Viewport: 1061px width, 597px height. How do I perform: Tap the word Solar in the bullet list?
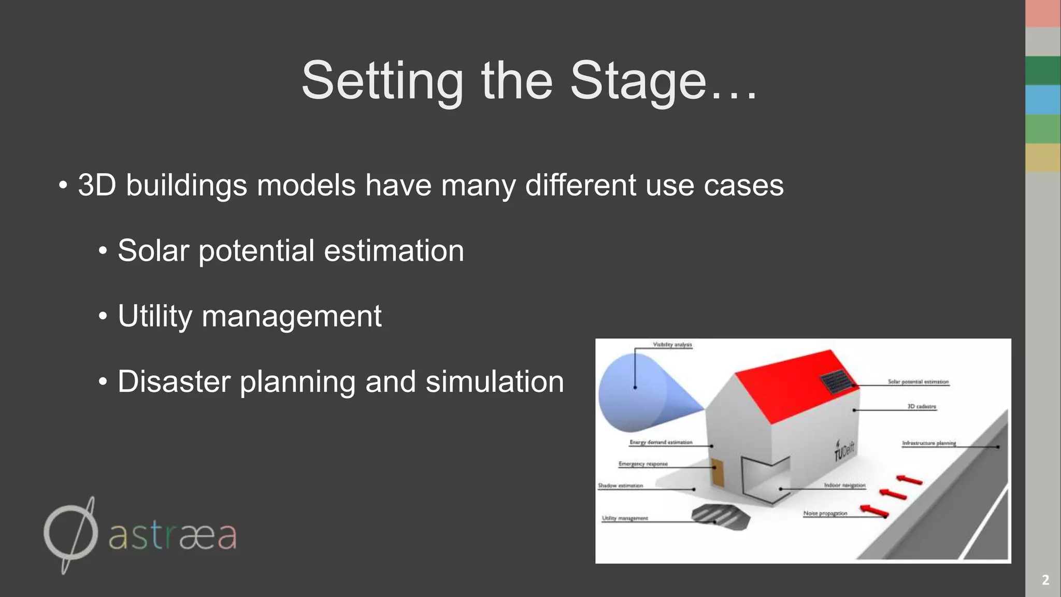pos(153,251)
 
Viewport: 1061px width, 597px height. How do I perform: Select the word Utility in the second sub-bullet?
pos(154,316)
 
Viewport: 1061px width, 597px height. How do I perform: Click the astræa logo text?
pos(173,536)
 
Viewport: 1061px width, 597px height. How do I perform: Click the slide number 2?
pos(1045,580)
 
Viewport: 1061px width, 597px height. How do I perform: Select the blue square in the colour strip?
pos(1042,99)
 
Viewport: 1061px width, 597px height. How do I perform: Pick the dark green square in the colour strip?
pos(1042,70)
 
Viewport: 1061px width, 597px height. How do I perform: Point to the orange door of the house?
pos(718,473)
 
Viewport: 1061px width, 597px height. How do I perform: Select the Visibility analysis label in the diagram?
pos(672,345)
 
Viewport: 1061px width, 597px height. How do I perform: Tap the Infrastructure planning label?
pos(928,443)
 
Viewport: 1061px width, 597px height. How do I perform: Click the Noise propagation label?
pos(825,514)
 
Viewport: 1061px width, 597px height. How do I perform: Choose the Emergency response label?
pos(643,464)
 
